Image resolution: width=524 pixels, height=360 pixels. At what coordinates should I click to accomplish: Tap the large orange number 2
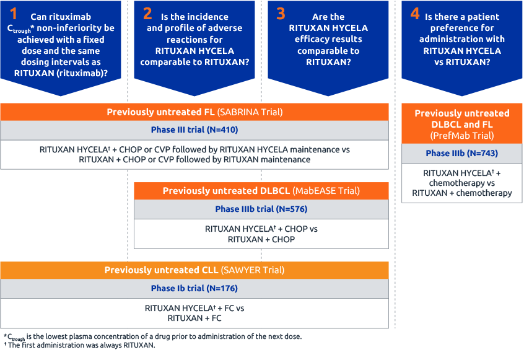tap(147, 14)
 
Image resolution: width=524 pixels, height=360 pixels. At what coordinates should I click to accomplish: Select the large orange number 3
tap(281, 14)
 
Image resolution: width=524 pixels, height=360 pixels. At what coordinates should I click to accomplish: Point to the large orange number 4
tap(415, 14)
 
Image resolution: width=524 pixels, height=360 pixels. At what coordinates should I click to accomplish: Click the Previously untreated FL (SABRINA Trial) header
tap(194, 112)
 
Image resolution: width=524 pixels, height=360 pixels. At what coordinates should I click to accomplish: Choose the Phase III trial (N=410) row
tap(194, 130)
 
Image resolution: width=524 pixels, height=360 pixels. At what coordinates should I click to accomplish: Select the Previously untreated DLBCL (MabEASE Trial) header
tap(261, 191)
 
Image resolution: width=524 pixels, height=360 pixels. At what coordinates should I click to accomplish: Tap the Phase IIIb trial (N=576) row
tap(261, 209)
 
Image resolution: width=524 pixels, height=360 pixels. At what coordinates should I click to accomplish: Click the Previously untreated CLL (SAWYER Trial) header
tap(194, 270)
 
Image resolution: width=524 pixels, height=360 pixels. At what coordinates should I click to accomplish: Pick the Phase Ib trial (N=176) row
tap(194, 288)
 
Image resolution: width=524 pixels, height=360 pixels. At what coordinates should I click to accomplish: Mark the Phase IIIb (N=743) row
tap(461, 153)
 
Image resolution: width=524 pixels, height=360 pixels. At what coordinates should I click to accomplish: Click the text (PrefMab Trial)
tap(461, 134)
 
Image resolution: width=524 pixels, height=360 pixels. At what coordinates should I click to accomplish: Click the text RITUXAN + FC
tap(194, 318)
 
